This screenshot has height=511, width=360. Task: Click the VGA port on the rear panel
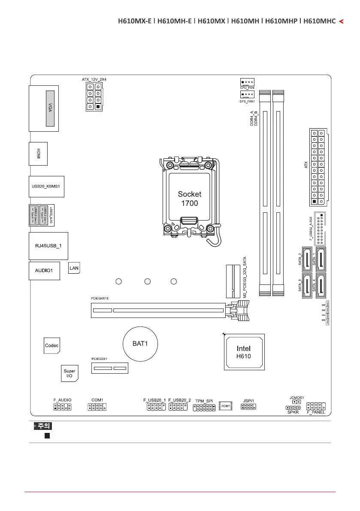point(50,108)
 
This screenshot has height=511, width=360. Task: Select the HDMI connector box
point(38,153)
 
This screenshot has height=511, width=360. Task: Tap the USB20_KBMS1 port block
point(46,187)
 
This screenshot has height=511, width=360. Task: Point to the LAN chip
point(74,268)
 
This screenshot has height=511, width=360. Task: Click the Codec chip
point(52,345)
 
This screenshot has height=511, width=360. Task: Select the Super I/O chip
point(69,373)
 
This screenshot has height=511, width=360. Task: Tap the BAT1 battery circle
point(140,343)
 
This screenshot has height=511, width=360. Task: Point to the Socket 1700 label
point(189,198)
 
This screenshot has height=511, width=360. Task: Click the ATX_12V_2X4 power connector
point(94,97)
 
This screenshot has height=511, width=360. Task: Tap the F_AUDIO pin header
point(63,407)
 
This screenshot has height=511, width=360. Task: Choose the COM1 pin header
point(97,407)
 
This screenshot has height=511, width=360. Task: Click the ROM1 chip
point(226,405)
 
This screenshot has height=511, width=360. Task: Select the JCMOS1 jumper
point(296,402)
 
